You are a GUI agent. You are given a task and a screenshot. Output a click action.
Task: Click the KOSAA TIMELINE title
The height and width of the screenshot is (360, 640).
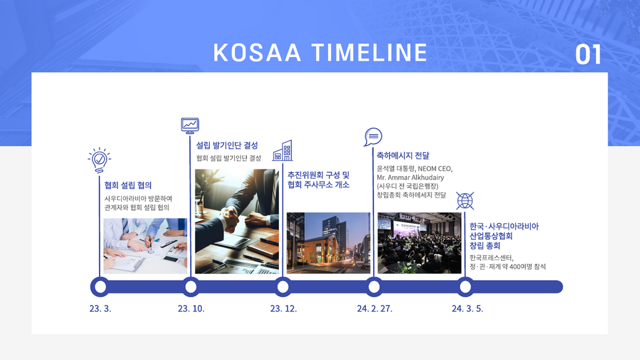click(x=320, y=52)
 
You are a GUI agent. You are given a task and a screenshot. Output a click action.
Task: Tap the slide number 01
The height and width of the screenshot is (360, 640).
click(x=588, y=54)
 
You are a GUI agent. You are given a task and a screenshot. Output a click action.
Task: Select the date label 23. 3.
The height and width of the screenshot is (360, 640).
click(x=100, y=309)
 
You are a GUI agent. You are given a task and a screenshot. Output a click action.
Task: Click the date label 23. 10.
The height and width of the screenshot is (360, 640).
click(x=191, y=309)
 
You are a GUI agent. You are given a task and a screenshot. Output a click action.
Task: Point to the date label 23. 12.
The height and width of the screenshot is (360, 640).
click(x=283, y=309)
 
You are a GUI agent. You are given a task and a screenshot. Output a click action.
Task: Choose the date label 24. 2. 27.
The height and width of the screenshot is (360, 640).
click(x=374, y=309)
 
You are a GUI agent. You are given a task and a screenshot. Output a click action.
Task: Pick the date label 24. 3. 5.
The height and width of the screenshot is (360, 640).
click(x=467, y=309)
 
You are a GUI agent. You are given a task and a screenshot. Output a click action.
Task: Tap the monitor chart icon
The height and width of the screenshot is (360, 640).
click(x=190, y=126)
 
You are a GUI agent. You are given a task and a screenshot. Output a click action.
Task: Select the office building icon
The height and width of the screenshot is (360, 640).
click(x=283, y=151)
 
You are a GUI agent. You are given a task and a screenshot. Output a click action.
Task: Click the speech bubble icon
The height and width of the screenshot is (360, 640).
click(x=373, y=137)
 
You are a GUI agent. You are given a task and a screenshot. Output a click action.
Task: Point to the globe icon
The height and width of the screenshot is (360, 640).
click(x=465, y=201)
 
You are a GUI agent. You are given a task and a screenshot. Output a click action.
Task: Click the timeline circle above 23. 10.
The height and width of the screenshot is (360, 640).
click(x=191, y=287)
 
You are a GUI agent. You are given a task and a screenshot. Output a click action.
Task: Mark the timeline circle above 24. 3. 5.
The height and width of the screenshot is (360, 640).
click(x=465, y=287)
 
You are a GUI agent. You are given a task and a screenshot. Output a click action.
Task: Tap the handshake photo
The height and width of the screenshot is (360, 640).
click(x=237, y=221)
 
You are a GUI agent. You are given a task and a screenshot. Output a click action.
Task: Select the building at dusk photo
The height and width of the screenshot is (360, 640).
click(x=328, y=242)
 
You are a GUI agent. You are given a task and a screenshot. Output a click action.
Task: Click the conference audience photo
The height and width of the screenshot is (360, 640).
click(x=419, y=242)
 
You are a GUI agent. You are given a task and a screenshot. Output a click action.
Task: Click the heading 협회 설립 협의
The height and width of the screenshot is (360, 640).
click(x=128, y=186)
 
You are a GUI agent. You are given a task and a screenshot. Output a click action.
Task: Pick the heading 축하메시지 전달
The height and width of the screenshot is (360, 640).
click(x=403, y=156)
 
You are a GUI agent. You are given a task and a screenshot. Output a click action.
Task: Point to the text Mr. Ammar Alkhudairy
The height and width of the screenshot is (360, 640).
click(x=410, y=178)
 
